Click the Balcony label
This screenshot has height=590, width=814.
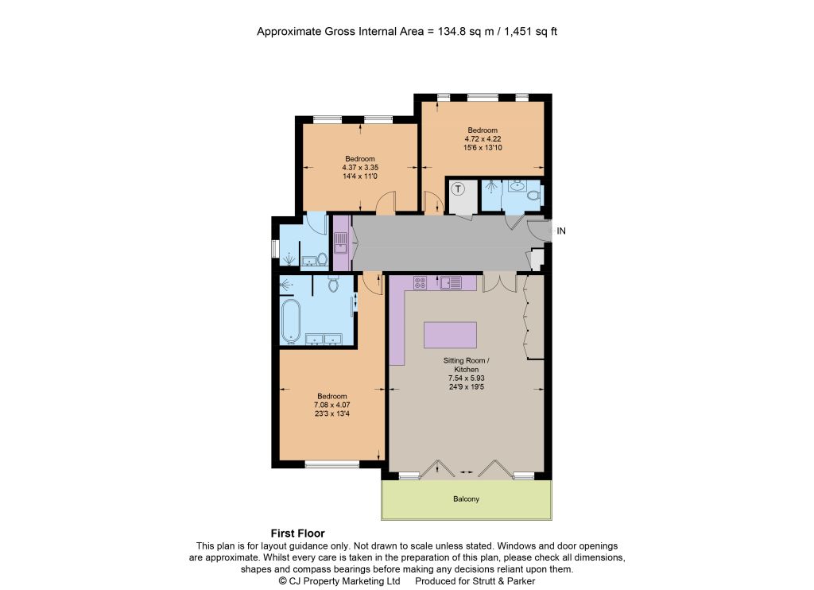466,499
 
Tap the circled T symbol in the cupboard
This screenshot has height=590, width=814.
458,188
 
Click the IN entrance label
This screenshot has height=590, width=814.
561,231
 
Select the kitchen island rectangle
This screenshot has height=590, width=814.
450,335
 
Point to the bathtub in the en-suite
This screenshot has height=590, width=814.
291,322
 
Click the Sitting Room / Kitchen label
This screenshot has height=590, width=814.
466,365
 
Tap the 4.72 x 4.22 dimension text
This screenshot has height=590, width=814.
483,138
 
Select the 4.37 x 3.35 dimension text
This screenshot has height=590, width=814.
360,168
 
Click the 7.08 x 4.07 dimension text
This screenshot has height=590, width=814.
332,405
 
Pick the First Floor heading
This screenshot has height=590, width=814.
297,534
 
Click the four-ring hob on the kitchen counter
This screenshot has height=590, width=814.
420,282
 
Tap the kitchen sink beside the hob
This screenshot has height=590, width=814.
451,282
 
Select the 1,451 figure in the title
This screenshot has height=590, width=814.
518,31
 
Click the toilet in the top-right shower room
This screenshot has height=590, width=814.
533,196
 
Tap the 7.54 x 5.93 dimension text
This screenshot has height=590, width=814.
466,378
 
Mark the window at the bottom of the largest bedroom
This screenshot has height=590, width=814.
332,464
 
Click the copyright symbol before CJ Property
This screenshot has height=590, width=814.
282,581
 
